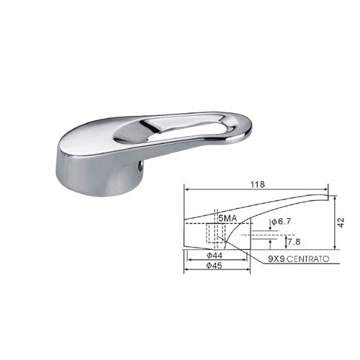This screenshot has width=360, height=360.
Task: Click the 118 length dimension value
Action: [x=258, y=184]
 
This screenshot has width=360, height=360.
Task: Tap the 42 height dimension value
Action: [x=341, y=222]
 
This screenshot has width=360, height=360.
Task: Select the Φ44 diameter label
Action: [x=215, y=256]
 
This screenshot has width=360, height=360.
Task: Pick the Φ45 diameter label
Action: [x=215, y=266]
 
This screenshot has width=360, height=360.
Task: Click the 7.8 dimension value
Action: [x=294, y=242]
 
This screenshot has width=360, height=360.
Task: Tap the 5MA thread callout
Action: [x=228, y=218]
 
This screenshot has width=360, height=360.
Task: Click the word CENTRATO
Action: [x=308, y=259]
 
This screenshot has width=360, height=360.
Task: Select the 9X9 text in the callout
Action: [x=276, y=259]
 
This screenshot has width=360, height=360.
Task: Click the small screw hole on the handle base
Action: [x=142, y=166]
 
